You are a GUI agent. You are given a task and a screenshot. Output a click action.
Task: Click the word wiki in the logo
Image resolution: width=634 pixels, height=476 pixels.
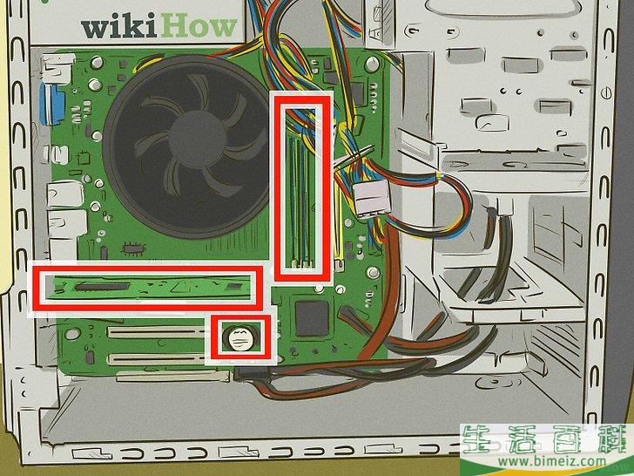click(x=118, y=28)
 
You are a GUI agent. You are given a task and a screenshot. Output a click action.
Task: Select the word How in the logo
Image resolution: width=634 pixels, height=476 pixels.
click(x=199, y=26)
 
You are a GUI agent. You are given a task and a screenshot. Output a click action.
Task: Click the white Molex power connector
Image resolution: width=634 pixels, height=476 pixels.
click(x=371, y=198)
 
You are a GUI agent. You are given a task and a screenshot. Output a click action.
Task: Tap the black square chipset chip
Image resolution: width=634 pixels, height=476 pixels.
click(x=312, y=318)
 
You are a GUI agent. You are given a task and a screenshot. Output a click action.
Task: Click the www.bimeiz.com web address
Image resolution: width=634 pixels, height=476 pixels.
click(x=551, y=461)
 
